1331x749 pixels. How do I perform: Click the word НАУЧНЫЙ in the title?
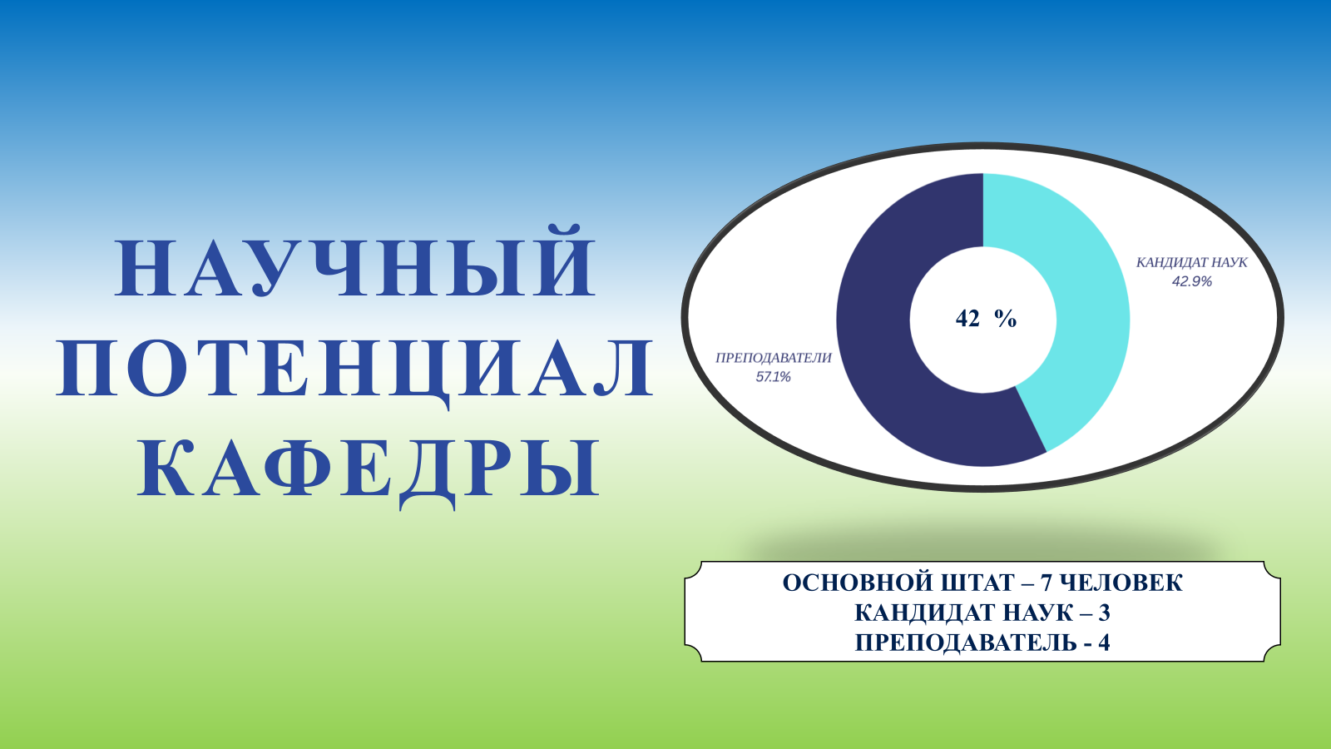354,260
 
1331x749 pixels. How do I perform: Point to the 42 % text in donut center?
986,319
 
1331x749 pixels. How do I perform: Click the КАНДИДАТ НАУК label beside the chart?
1191,262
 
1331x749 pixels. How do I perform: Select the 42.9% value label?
1191,281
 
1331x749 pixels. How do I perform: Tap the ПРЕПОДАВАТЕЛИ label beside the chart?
773,358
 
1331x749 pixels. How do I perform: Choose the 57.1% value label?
773,377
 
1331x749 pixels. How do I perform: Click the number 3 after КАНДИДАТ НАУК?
1104,613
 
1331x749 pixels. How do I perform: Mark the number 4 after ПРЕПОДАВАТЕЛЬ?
1103,642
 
